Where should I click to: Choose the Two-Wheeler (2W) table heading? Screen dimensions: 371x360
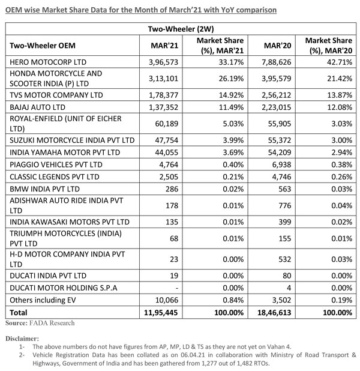(179, 28)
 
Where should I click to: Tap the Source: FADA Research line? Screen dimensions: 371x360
(41, 323)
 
